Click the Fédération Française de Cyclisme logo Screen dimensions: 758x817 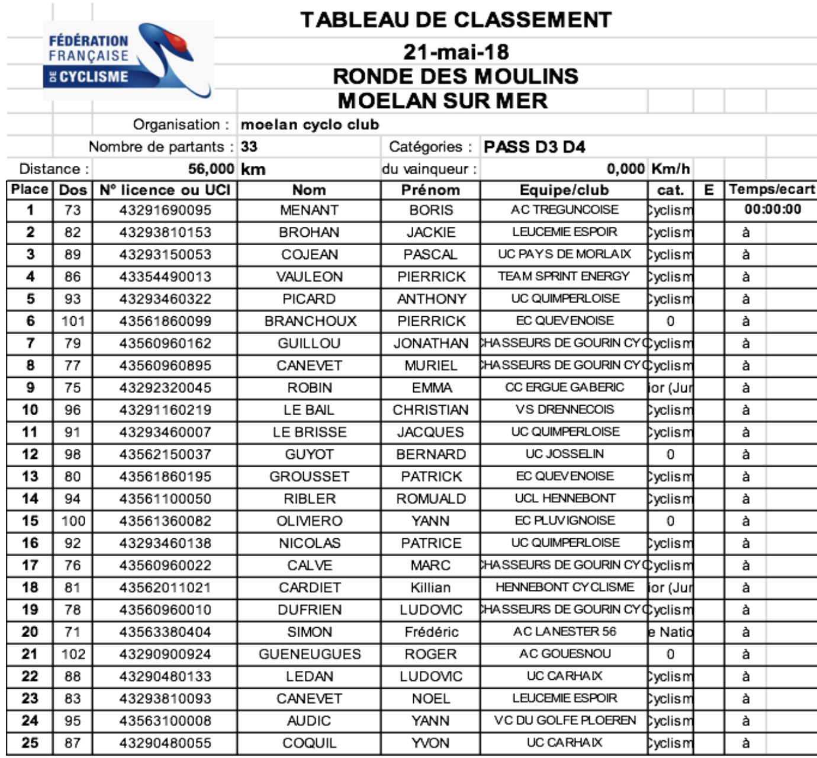coord(127,60)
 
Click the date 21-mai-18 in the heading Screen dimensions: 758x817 coord(455,52)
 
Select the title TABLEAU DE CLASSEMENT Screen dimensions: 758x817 coord(455,20)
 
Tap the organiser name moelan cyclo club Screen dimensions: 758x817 coord(310,125)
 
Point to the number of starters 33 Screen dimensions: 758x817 coord(249,147)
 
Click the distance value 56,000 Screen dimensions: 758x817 coord(211,169)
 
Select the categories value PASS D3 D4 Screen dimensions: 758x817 coord(534,147)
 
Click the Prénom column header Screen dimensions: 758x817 coord(430,190)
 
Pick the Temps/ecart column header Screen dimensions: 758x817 coord(771,189)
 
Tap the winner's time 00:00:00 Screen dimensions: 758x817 coord(773,210)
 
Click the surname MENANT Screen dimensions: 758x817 coord(309,210)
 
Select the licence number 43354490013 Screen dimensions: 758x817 coord(165,277)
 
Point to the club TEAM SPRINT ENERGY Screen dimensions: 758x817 coord(564,277)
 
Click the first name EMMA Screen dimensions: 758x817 coord(432,388)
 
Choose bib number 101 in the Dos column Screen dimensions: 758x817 coord(73,322)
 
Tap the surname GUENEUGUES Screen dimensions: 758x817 coord(310,654)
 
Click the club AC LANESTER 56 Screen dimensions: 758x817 coord(564,632)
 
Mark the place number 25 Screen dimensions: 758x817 coord(30,743)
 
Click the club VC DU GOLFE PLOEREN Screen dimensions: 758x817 coord(565,721)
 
